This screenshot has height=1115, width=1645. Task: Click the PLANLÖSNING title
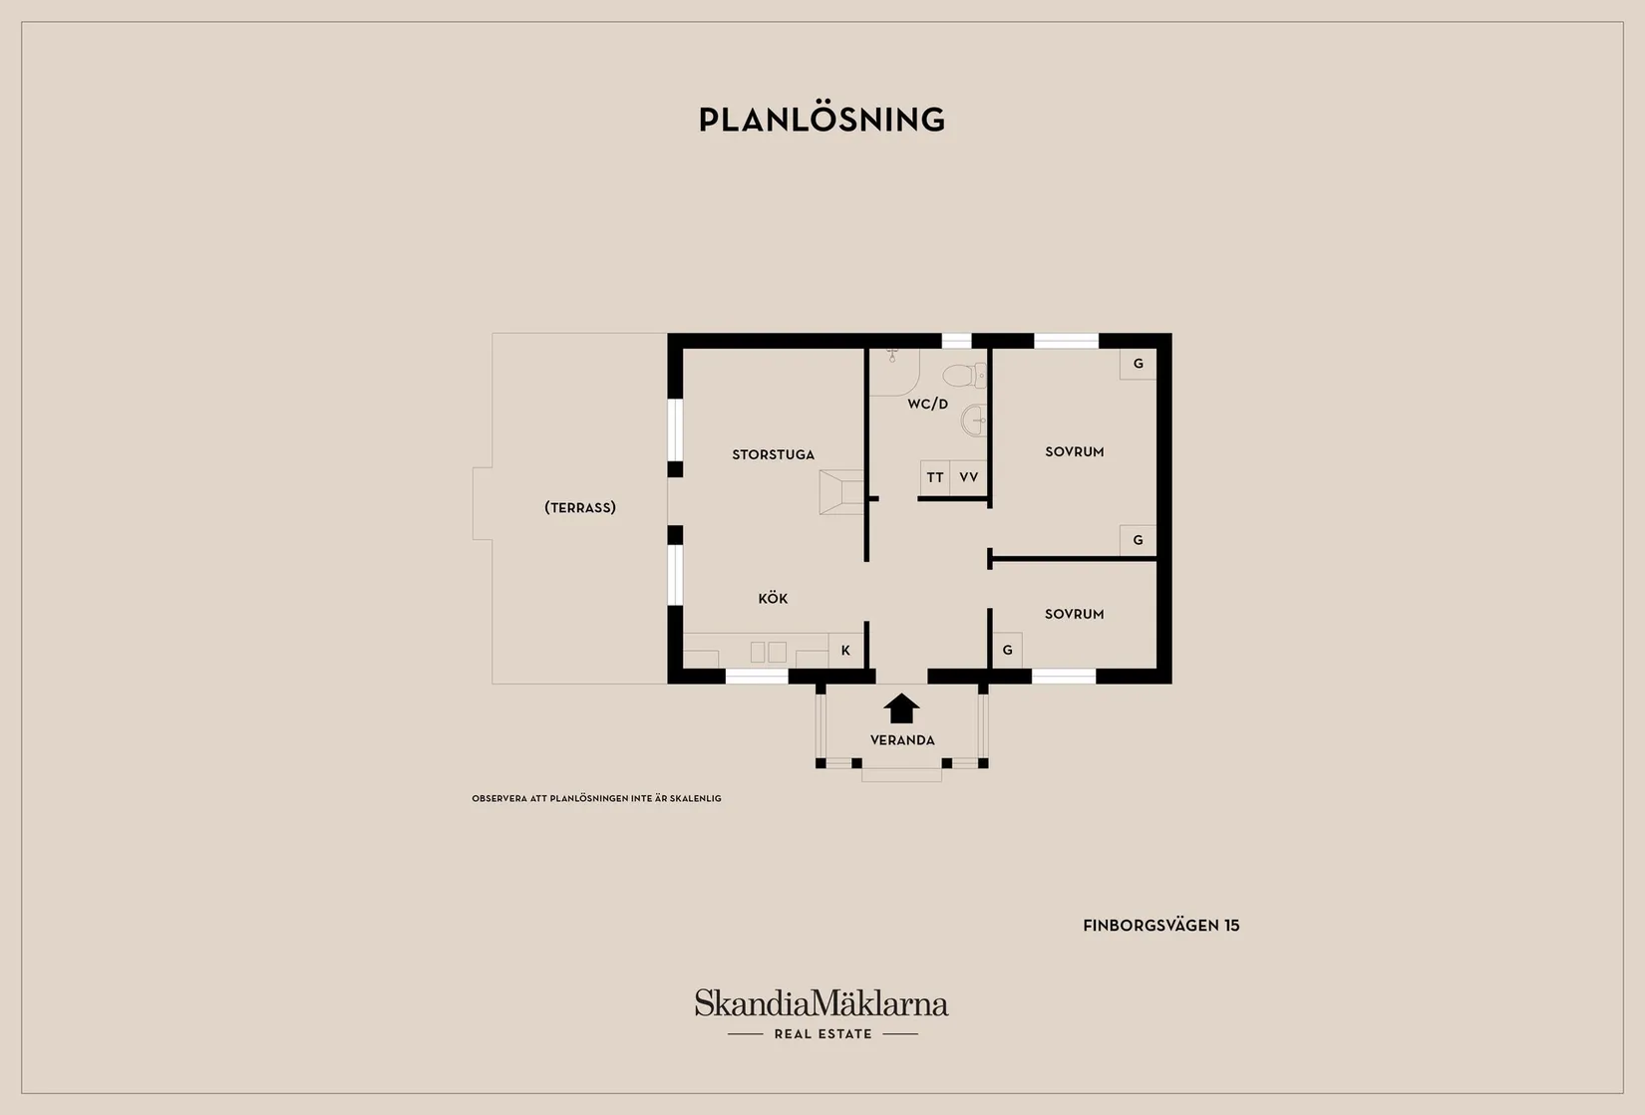822,120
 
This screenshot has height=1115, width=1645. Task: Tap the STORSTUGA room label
774,454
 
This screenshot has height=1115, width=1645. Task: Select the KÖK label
773,598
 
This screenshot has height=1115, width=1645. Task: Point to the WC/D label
927,404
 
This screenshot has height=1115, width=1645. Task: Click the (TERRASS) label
580,507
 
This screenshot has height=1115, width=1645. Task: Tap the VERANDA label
902,740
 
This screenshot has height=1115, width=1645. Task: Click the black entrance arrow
902,708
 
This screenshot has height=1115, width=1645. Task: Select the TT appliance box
935,478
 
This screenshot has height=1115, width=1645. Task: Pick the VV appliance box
969,478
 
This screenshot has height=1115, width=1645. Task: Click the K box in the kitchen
846,651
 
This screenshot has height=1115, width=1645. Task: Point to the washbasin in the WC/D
974,419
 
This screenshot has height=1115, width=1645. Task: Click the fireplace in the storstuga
841,492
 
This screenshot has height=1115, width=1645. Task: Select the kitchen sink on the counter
768,652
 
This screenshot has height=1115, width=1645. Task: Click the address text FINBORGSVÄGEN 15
1161,926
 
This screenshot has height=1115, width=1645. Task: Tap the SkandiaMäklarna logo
822,1002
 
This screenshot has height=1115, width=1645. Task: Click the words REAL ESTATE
823,1033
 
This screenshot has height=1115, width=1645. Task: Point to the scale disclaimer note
596,798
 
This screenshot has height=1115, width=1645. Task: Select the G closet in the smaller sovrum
1008,651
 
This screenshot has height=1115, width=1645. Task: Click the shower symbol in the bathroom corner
894,372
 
